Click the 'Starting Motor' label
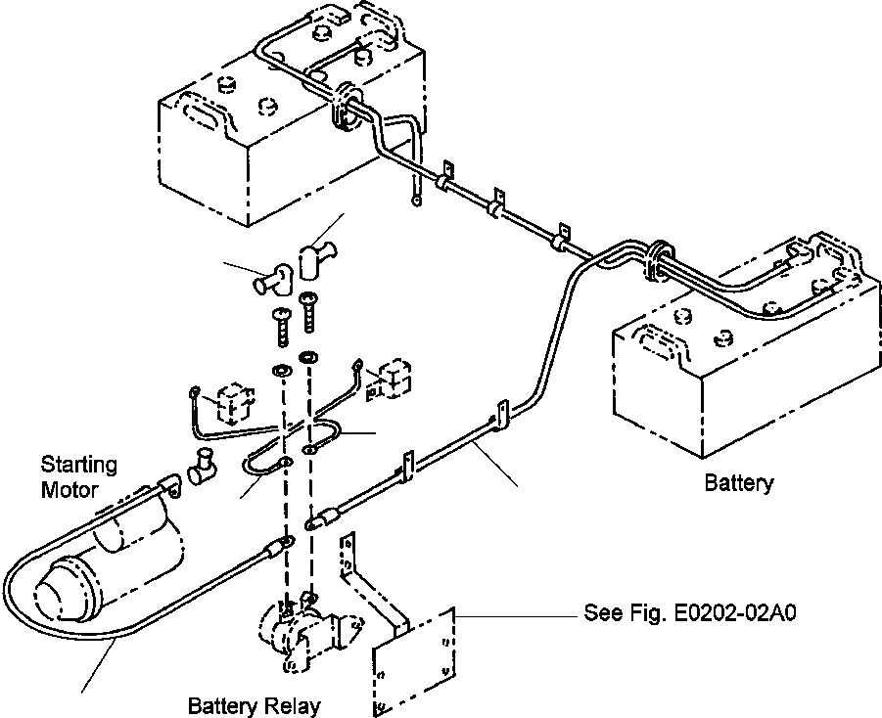[x=79, y=476]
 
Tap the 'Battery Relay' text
[x=254, y=705]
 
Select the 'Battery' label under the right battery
[x=739, y=482]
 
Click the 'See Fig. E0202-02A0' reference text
[x=690, y=611]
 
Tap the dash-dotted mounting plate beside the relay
[x=414, y=660]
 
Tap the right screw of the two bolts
[x=308, y=311]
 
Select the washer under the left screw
[x=281, y=371]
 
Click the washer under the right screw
[x=308, y=356]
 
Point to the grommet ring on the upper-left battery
[x=345, y=107]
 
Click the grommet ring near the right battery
[x=656, y=260]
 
